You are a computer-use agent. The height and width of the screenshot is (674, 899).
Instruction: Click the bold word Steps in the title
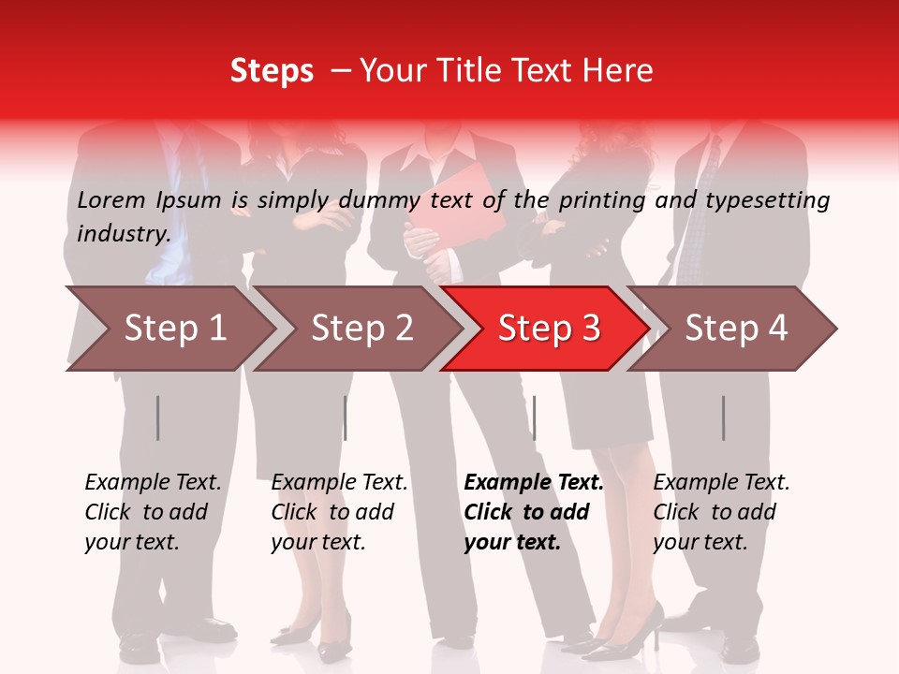coord(272,71)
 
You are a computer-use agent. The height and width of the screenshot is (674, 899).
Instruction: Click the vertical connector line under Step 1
coord(158,418)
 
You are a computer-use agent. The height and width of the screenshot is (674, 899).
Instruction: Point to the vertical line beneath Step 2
coord(346,418)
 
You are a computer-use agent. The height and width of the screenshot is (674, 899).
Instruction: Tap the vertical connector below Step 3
coord(534,418)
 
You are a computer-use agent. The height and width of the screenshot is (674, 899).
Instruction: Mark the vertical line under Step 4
coord(723,418)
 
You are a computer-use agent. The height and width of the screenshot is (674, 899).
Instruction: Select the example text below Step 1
coord(153,512)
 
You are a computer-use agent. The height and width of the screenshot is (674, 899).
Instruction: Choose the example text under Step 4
coord(721,512)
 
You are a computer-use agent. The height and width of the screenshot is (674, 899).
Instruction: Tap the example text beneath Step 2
coord(339,512)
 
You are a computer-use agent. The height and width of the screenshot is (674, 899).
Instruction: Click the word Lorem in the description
coord(111,199)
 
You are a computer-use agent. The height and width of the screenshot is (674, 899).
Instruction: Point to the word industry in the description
coord(124,233)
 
